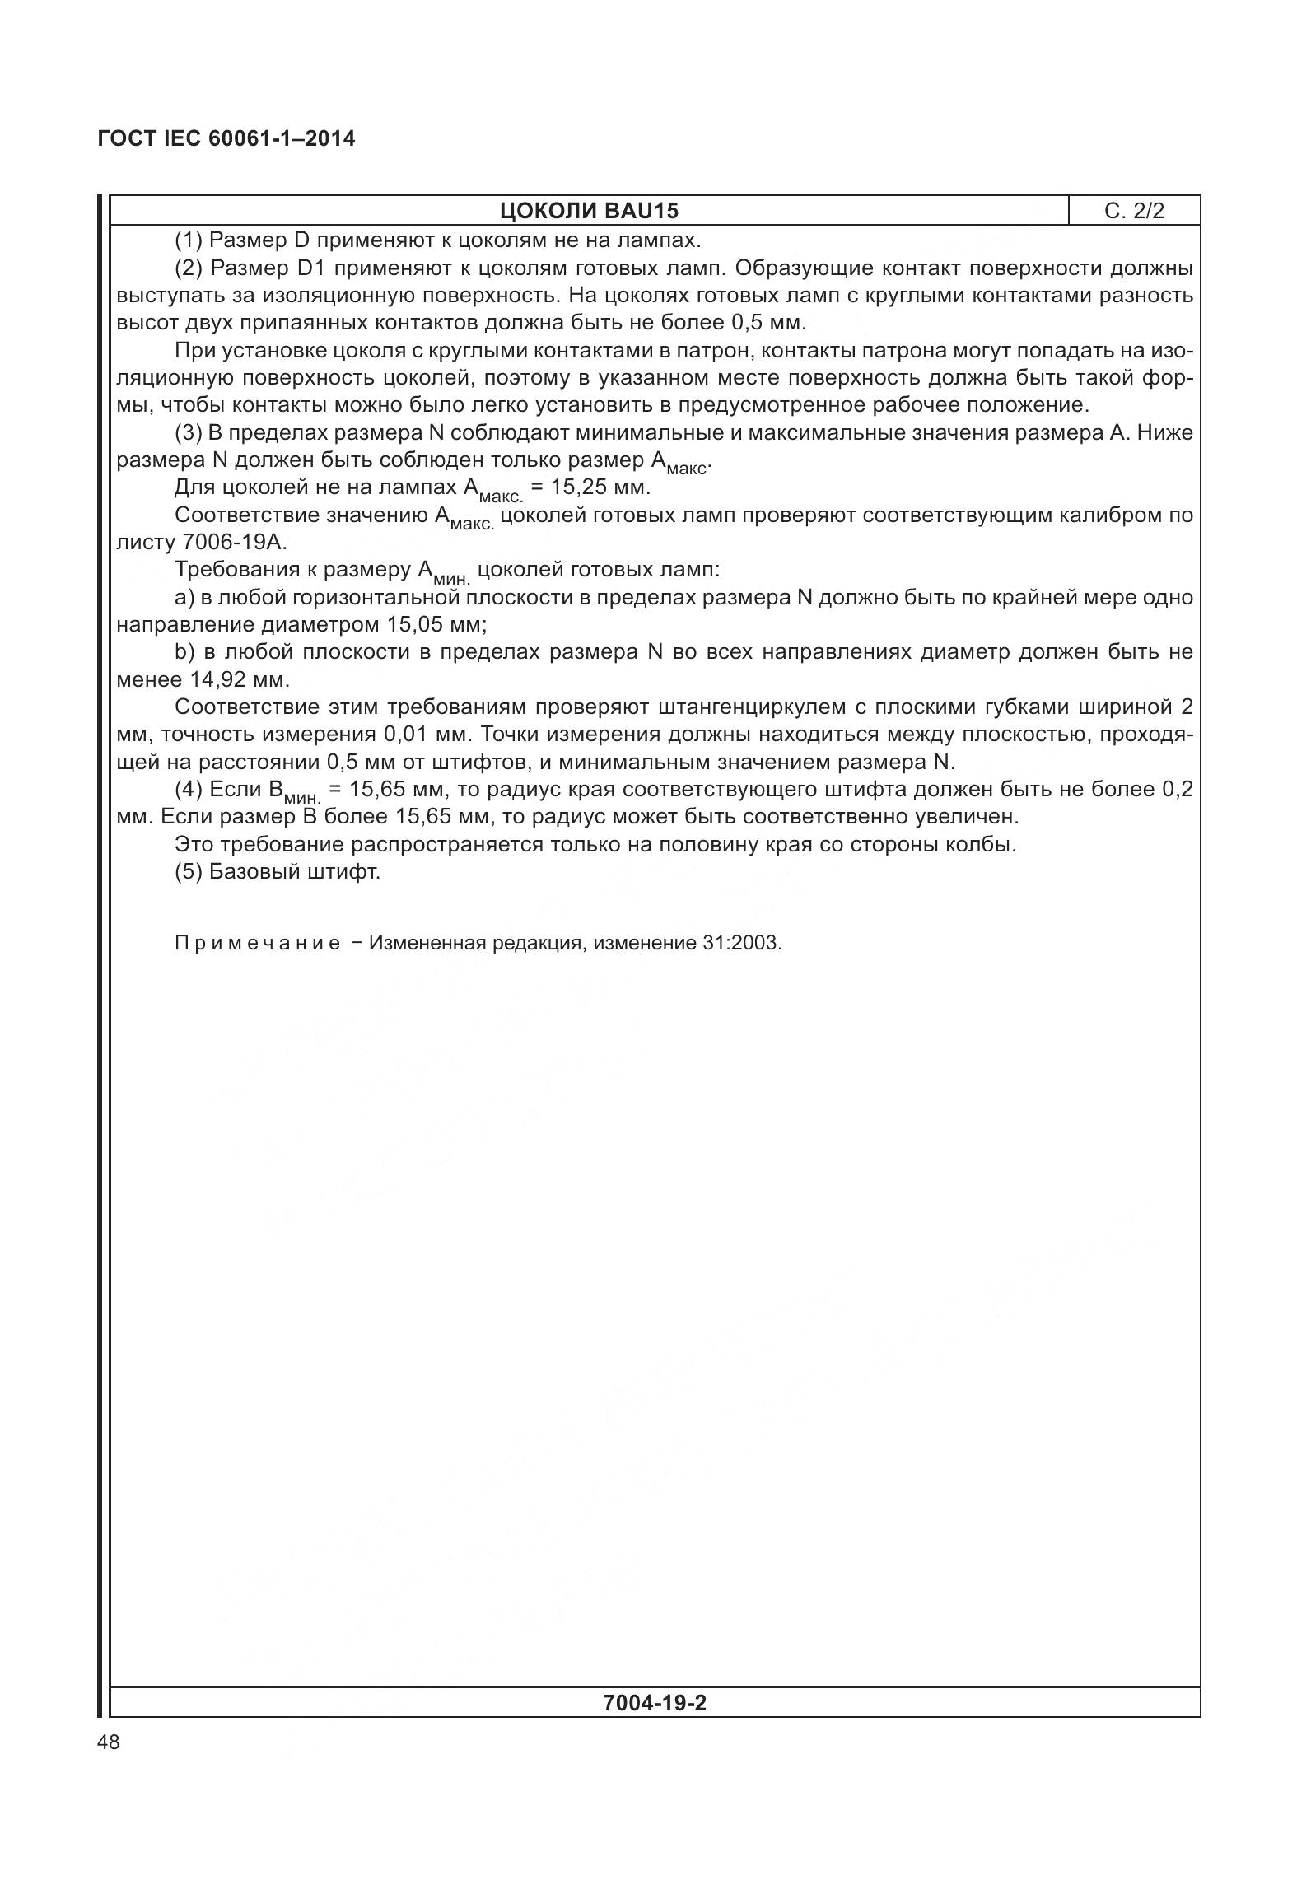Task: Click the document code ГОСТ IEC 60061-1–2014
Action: click(226, 138)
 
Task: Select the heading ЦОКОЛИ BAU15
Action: click(589, 211)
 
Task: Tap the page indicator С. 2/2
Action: click(1134, 211)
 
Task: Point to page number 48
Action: click(108, 1742)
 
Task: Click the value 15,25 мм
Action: click(600, 487)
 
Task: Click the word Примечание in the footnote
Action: click(257, 943)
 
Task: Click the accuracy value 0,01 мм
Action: click(427, 734)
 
